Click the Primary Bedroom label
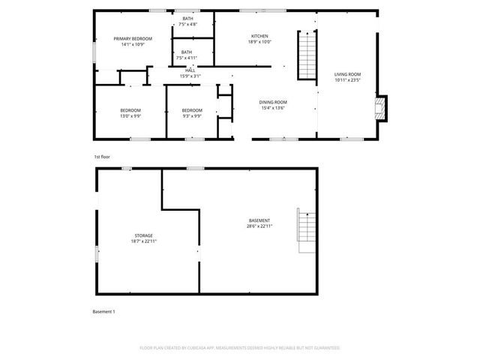pos(133,38)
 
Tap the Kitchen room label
pos(259,36)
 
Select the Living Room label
pos(348,74)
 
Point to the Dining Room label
pos(273,102)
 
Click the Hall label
pos(190,70)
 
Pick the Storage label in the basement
pos(144,235)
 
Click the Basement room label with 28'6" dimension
pos(259,220)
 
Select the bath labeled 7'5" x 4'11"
pos(186,52)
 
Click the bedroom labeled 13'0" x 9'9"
pos(130,111)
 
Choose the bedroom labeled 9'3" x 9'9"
pos(192,111)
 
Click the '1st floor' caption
pos(102,157)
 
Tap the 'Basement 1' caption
pos(103,311)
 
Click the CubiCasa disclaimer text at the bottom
pos(240,348)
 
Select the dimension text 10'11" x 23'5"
pos(348,80)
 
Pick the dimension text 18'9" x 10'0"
pos(259,42)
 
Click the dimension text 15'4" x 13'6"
pos(273,108)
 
